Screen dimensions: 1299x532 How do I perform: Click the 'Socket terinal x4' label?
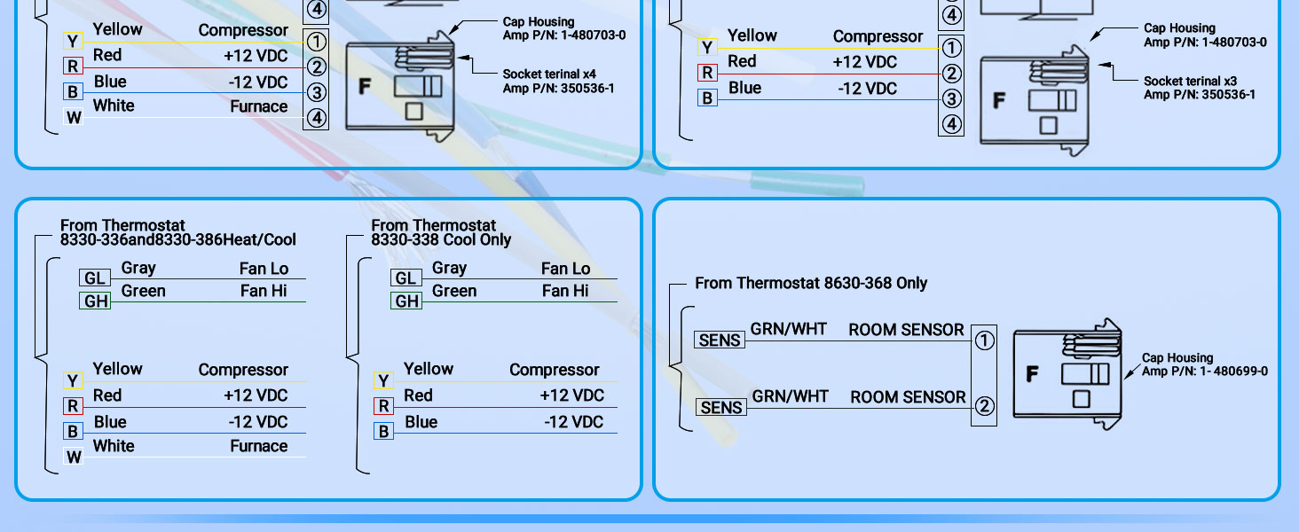[x=549, y=74]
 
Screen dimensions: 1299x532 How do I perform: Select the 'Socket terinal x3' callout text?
[x=1190, y=82]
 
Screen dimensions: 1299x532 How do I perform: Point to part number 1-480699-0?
[x=1233, y=371]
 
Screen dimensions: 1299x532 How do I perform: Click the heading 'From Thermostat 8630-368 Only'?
[x=811, y=283]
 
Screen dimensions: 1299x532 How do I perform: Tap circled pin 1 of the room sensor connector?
[x=984, y=340]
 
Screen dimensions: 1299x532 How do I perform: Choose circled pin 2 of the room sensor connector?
[x=984, y=406]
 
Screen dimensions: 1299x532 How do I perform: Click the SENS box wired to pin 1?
[x=720, y=340]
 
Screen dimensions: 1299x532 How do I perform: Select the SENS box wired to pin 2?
[x=721, y=407]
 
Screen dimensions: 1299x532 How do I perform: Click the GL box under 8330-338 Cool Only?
[x=406, y=278]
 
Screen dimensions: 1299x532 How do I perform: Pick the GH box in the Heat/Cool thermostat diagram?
[x=95, y=301]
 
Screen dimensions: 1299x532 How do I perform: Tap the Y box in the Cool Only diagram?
[x=383, y=380]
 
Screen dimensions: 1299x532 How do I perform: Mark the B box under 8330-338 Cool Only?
[x=383, y=431]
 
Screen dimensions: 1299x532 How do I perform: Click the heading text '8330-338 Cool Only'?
[x=441, y=240]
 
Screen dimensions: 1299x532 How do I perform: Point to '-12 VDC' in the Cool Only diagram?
[x=573, y=422]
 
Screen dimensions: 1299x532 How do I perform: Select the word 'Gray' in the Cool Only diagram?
[x=450, y=268]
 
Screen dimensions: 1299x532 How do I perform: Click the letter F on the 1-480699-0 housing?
[x=1032, y=374]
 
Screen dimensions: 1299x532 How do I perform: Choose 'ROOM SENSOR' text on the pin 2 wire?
[x=908, y=397]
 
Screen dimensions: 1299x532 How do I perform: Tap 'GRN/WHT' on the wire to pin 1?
[x=789, y=329]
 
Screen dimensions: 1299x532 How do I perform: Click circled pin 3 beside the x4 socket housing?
[x=316, y=92]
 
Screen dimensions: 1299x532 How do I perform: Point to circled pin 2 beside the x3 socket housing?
[x=951, y=74]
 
